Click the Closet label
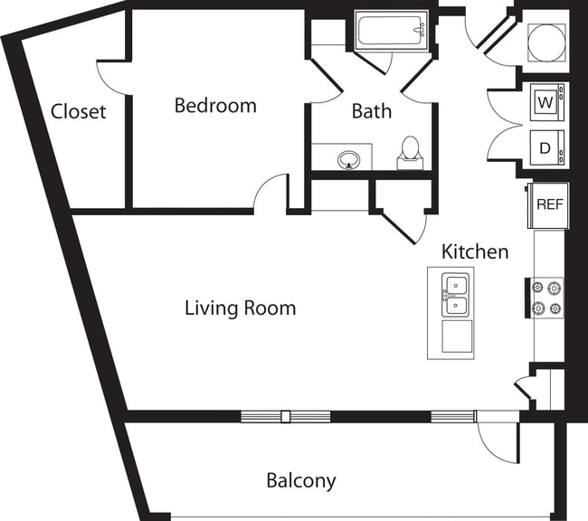[78, 112]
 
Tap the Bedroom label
[215, 106]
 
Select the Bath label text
[372, 111]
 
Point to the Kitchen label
[475, 251]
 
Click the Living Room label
[240, 308]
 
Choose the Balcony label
[301, 479]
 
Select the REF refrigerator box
[549, 204]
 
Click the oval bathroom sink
[349, 161]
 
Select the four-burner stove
[547, 298]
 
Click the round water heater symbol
[546, 40]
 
